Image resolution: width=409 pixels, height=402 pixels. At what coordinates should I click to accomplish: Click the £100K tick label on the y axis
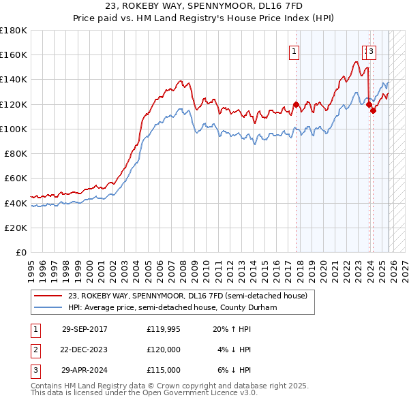(14, 129)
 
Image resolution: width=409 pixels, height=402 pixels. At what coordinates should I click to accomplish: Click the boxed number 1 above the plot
(294, 50)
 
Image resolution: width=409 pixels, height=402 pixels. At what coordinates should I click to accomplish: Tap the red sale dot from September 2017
(297, 104)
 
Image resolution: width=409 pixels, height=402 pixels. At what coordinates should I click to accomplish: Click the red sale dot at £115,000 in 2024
(374, 110)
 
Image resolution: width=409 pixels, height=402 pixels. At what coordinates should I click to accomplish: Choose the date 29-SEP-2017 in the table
(85, 329)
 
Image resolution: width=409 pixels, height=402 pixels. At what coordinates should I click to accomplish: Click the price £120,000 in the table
(163, 350)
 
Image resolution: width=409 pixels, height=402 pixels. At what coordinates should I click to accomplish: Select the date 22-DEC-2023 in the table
(85, 350)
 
